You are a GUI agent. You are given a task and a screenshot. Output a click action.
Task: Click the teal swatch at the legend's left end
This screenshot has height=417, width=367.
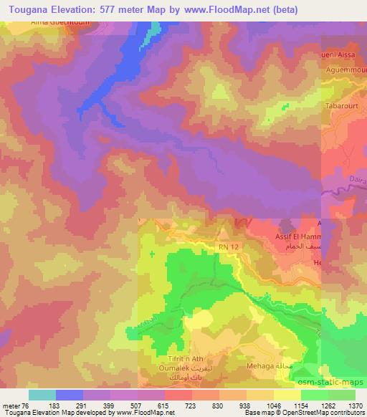pos(42,394)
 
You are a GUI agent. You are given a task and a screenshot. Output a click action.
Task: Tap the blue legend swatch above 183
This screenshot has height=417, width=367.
pos(70,394)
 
